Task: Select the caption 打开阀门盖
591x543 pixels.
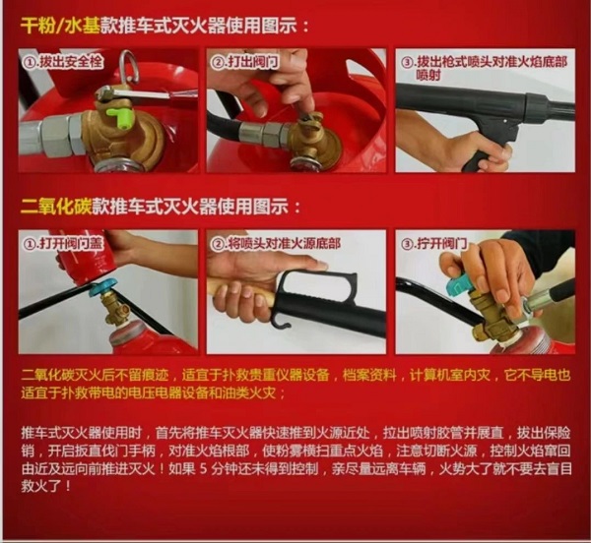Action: click(70, 242)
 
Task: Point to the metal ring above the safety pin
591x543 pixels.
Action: click(126, 65)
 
